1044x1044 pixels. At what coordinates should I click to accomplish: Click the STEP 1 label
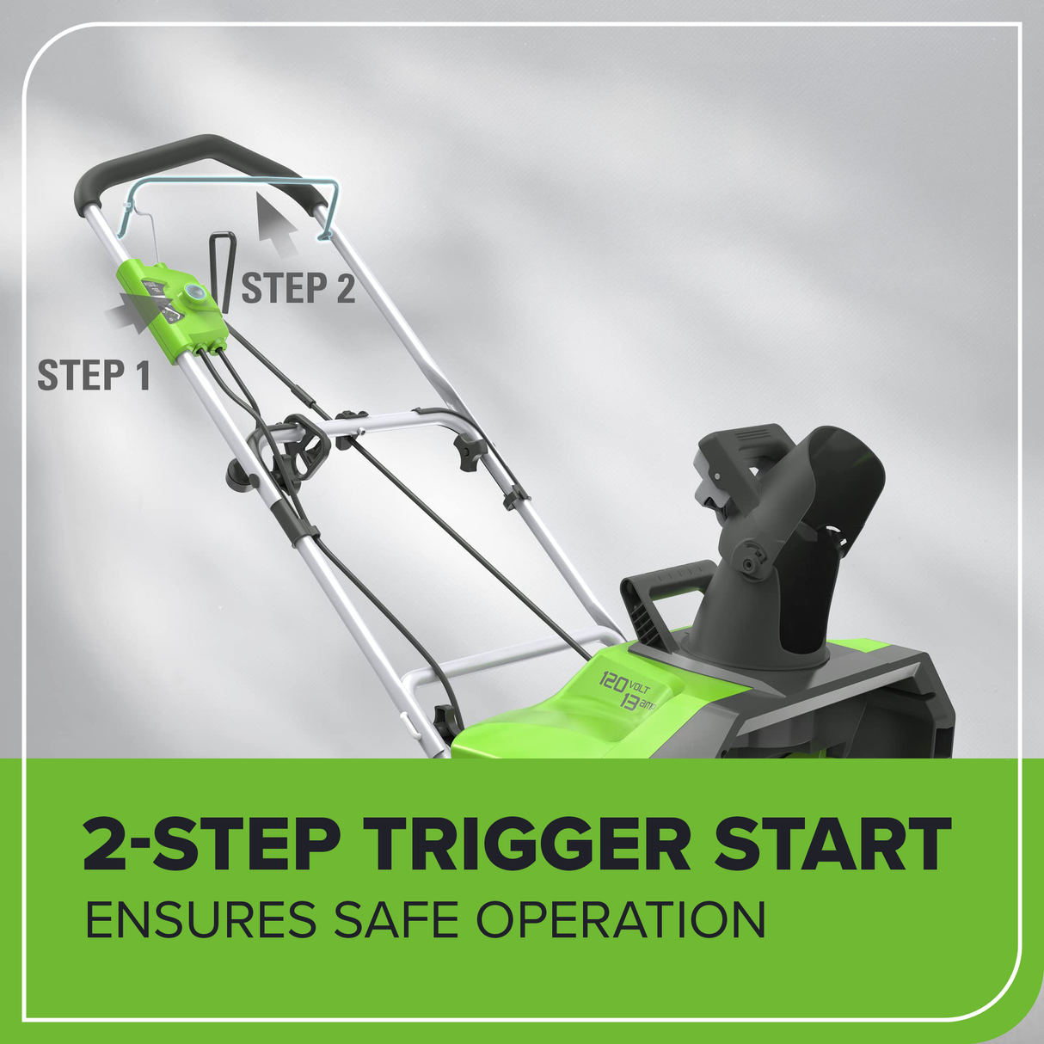click(x=94, y=374)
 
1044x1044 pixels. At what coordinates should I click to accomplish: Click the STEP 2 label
click(x=298, y=287)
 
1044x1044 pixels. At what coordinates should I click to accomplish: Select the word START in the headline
click(x=832, y=844)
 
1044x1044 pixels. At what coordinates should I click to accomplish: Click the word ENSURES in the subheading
click(x=201, y=918)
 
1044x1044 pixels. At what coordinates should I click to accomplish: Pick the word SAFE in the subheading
click(x=396, y=918)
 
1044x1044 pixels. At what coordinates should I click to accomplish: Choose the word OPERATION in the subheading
click(x=621, y=918)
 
